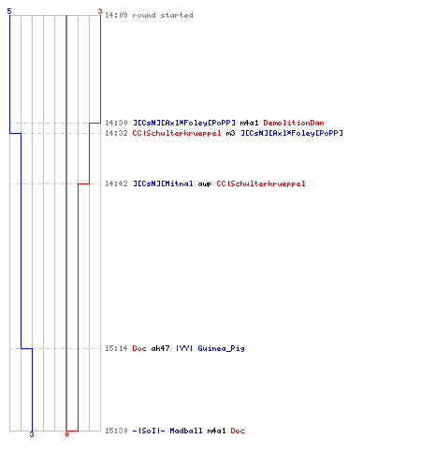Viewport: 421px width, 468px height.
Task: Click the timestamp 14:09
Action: pyautogui.click(x=116, y=15)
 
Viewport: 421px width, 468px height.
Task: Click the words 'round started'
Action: pyautogui.click(x=163, y=15)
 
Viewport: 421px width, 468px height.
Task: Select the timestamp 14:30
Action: pyautogui.click(x=116, y=123)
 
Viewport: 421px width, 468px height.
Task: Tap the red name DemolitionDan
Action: pyautogui.click(x=294, y=123)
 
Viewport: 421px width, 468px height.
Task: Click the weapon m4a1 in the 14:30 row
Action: pyautogui.click(x=249, y=123)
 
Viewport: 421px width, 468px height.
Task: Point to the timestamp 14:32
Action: pyautogui.click(x=116, y=133)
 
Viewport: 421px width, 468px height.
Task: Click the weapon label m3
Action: pyautogui.click(x=230, y=133)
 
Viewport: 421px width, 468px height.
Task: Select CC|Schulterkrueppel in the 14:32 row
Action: pyautogui.click(x=177, y=133)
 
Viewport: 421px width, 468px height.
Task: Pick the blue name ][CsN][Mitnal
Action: pyautogui.click(x=163, y=183)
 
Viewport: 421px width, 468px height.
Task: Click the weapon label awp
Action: pyautogui.click(x=205, y=184)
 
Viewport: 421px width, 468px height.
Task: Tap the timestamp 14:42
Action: pyautogui.click(x=116, y=183)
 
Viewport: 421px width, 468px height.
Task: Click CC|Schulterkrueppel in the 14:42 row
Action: pyautogui.click(x=261, y=183)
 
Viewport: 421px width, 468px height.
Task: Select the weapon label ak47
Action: pyautogui.click(x=160, y=348)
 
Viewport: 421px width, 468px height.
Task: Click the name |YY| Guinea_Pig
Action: pyautogui.click(x=210, y=348)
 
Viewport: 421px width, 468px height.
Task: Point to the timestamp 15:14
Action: pyautogui.click(x=116, y=348)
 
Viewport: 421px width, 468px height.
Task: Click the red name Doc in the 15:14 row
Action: pyautogui.click(x=139, y=348)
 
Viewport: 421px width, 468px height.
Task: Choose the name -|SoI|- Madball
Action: pyautogui.click(x=167, y=431)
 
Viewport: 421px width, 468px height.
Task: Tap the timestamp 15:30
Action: pyautogui.click(x=116, y=431)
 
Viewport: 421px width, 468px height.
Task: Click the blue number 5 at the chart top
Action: pyautogui.click(x=9, y=11)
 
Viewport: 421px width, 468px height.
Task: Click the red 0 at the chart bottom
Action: pyautogui.click(x=66, y=434)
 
